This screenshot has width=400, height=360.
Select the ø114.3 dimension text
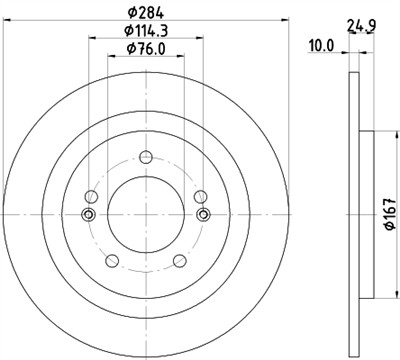[146, 31]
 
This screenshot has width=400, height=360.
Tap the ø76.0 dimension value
[146, 50]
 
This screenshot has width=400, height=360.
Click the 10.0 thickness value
[323, 45]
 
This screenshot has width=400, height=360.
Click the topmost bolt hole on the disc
[146, 156]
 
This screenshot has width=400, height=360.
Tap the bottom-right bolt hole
[180, 261]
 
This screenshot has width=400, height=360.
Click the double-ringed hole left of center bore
[88, 214]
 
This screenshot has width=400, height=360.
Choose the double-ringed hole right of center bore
[204, 214]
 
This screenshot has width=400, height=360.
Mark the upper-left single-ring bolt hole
[93, 196]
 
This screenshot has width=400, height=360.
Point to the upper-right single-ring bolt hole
[199, 196]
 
